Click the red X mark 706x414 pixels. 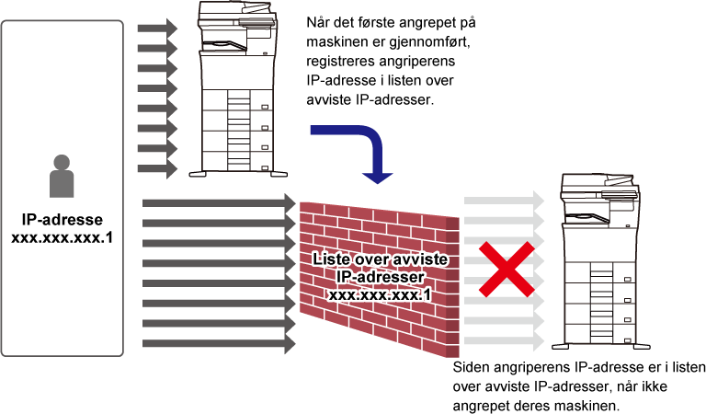tap(505, 270)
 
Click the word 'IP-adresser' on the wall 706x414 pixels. tap(380, 277)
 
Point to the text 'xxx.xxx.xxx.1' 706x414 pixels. tap(380, 294)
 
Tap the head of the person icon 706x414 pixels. tap(62, 162)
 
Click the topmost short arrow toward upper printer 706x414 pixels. tap(157, 29)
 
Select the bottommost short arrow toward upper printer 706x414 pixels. tap(157, 169)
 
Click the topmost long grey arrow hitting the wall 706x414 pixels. tap(219, 202)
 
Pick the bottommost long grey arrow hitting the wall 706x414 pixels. tap(219, 344)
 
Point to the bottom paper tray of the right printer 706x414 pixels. tap(598, 332)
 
